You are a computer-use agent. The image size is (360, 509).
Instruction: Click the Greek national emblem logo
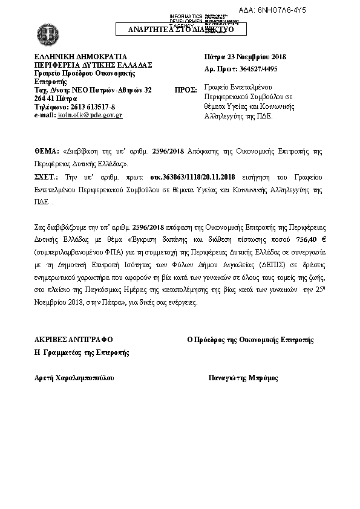point(46,31)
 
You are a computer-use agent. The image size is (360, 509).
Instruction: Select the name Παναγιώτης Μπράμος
point(243,378)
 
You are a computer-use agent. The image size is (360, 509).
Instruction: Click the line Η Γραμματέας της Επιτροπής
point(82,352)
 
